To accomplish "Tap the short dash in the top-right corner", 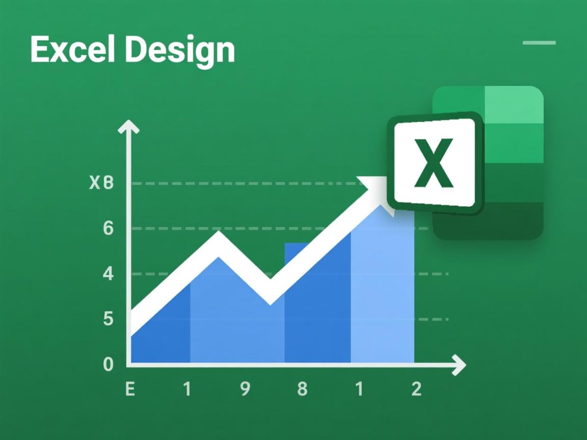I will click(x=539, y=43).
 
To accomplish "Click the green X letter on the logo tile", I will click(x=433, y=163).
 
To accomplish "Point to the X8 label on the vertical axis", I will click(x=101, y=183).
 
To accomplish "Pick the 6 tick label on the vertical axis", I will click(x=108, y=229).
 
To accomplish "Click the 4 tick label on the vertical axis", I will click(x=108, y=274).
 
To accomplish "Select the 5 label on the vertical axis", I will click(x=108, y=319).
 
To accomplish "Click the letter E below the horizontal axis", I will click(x=130, y=390).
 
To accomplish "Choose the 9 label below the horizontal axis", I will click(x=245, y=390).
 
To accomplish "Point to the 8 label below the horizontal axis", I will click(x=302, y=390).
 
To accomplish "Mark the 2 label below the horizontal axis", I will click(x=416, y=390).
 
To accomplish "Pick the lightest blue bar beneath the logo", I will click(x=382, y=295).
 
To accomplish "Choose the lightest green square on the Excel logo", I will click(x=514, y=104).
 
